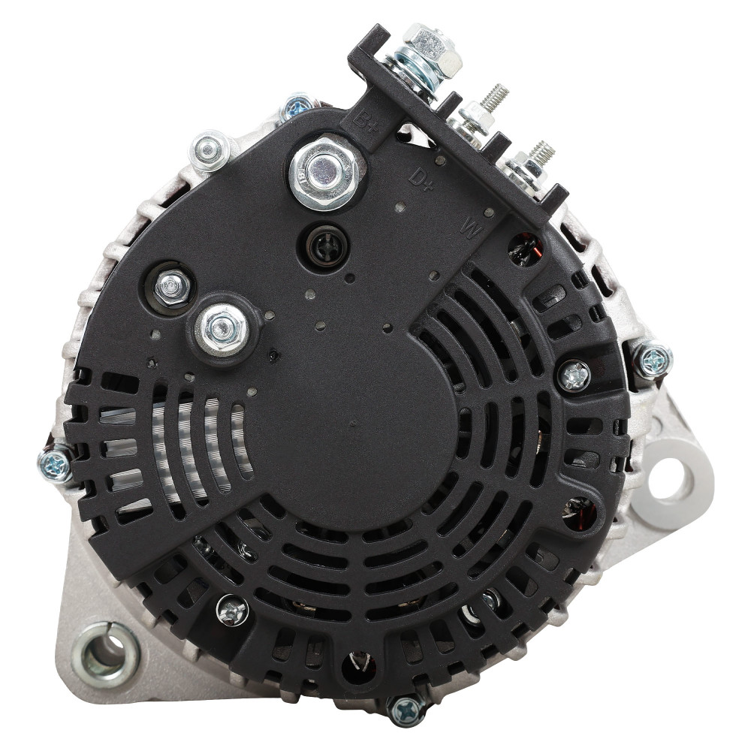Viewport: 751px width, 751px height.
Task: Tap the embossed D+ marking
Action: point(421,179)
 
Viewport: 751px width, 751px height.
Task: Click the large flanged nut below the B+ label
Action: point(324,173)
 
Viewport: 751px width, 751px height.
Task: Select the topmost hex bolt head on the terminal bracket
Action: point(432,49)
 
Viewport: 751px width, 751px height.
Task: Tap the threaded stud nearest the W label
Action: point(541,152)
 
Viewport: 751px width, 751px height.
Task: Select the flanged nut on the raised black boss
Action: point(222,328)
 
